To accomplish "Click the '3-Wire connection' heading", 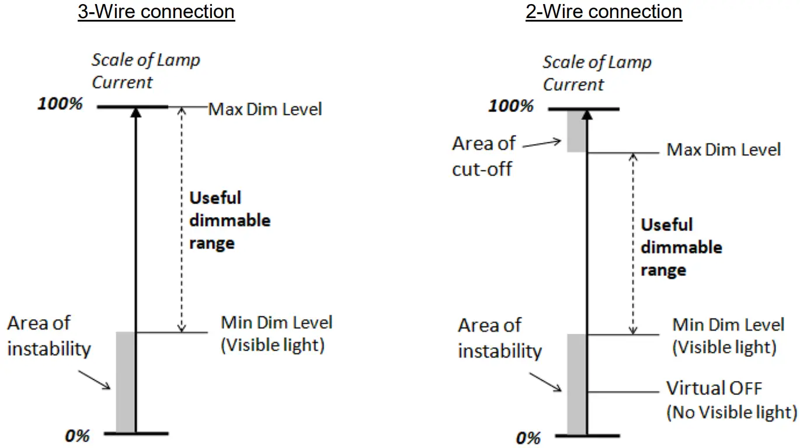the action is [x=156, y=12].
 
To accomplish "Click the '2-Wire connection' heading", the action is [x=604, y=12].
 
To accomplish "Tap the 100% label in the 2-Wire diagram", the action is [x=511, y=106].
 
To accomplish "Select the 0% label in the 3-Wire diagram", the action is [x=76, y=435].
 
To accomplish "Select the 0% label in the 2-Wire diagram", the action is [x=528, y=437].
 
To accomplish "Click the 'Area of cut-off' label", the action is [x=484, y=156].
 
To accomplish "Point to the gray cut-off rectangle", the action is [x=576, y=131].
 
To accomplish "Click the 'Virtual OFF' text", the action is [x=714, y=388].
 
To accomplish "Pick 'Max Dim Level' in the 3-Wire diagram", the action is [x=265, y=109].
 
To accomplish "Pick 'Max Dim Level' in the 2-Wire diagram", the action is [x=724, y=150].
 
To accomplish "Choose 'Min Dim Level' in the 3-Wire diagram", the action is [x=276, y=323].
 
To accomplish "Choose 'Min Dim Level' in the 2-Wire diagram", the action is [x=728, y=325].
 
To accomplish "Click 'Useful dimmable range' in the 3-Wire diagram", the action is [x=229, y=220].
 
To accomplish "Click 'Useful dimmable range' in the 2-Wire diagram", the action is [x=681, y=247].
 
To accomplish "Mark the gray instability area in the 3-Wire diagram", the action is [x=125, y=382].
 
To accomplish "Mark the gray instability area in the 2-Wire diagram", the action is [x=576, y=384].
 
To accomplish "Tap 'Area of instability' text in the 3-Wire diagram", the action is [x=49, y=336].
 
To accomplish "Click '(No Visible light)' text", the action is [x=731, y=412].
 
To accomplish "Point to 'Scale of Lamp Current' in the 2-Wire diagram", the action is [x=596, y=73].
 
